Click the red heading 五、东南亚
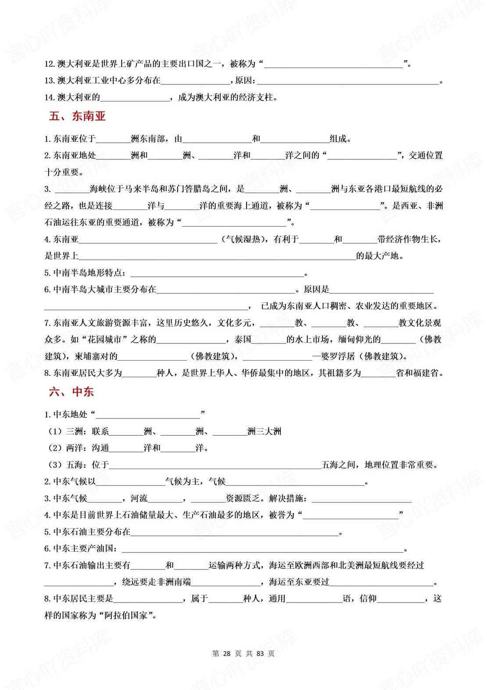click(77, 116)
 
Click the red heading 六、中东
click(71, 392)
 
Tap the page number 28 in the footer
click(226, 654)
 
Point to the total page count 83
click(260, 654)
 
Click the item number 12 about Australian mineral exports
click(49, 64)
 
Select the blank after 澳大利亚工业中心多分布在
click(196, 81)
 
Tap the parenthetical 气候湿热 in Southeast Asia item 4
click(243, 239)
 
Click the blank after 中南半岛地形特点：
click(217, 273)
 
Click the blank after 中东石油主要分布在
click(235, 532)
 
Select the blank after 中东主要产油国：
click(262, 549)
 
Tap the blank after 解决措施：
click(362, 499)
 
